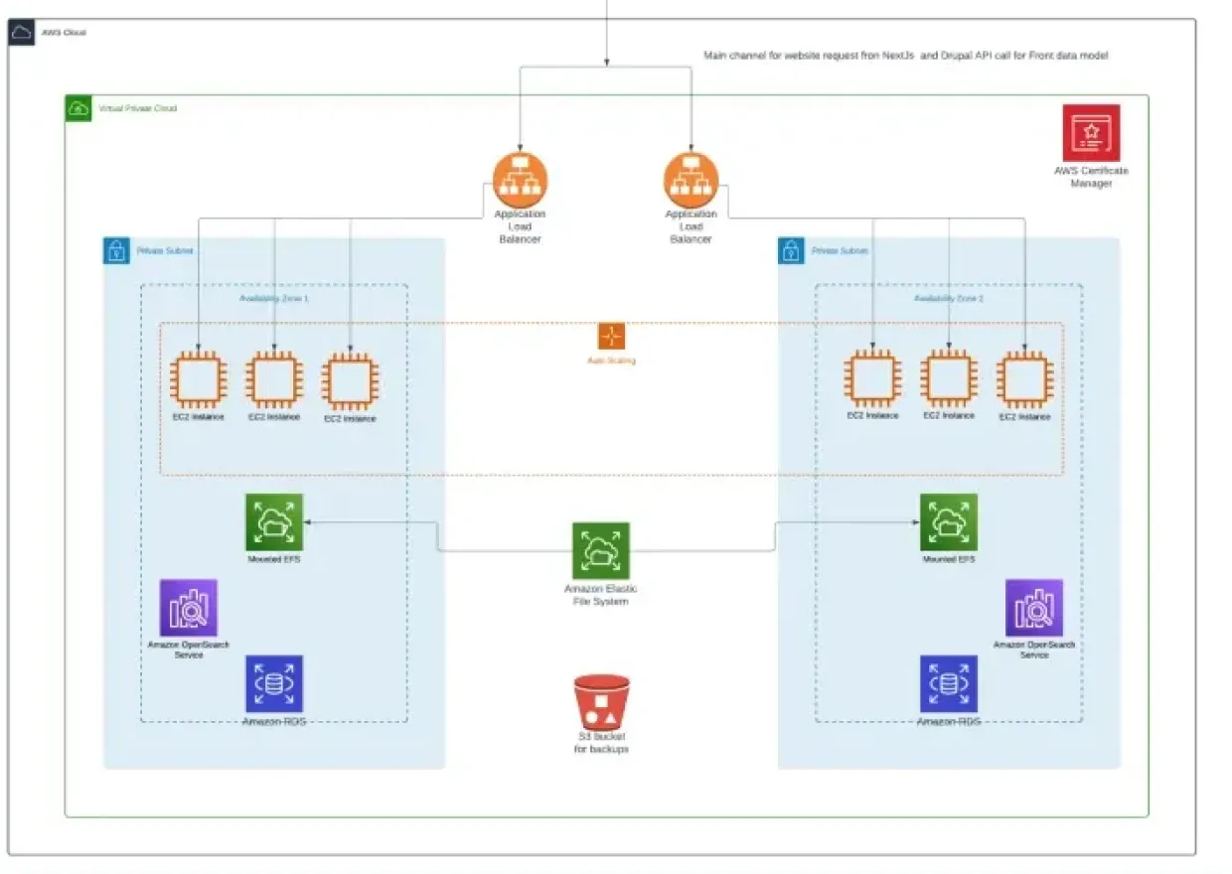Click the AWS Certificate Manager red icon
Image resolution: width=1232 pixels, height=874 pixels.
[1091, 132]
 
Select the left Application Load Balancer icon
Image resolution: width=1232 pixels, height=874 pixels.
[520, 180]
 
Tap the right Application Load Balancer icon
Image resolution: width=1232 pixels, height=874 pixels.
[691, 180]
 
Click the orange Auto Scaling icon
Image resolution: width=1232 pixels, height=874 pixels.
[611, 336]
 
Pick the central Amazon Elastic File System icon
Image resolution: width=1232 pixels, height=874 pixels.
[600, 551]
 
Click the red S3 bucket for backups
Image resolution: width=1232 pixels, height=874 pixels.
[601, 703]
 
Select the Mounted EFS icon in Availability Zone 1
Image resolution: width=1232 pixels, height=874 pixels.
[274, 522]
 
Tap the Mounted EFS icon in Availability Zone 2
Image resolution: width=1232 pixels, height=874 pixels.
[948, 522]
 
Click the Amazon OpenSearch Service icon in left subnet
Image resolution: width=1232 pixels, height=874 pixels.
[189, 608]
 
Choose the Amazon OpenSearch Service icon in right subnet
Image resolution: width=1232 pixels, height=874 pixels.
[1033, 608]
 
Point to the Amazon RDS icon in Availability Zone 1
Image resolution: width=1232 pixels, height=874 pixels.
[274, 683]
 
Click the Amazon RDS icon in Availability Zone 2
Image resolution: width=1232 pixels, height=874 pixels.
[948, 683]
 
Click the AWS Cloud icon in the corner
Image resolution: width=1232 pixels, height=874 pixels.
[22, 33]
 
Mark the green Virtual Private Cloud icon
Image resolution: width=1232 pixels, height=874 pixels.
[78, 108]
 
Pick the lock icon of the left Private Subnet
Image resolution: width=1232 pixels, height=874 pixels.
[116, 250]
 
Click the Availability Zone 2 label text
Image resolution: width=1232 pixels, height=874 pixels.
[948, 298]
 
